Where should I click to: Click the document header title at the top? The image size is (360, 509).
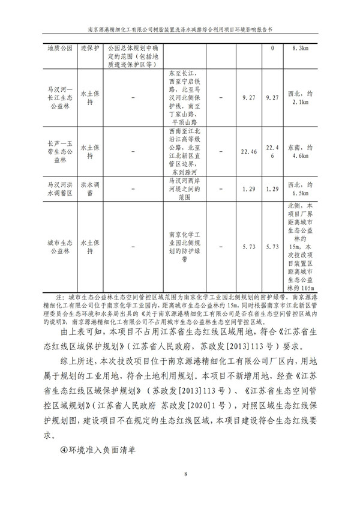pos(180,28)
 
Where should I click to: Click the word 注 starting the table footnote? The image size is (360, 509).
pos(58,297)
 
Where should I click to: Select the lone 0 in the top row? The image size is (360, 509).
pos(272,48)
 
